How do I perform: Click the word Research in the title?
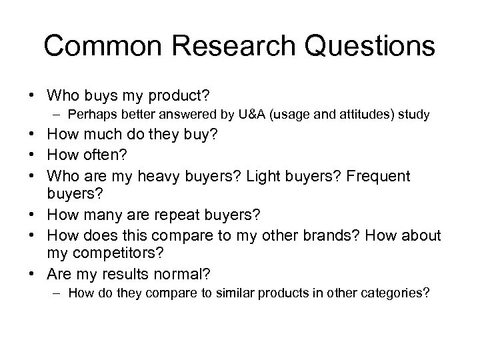tap(221, 46)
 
